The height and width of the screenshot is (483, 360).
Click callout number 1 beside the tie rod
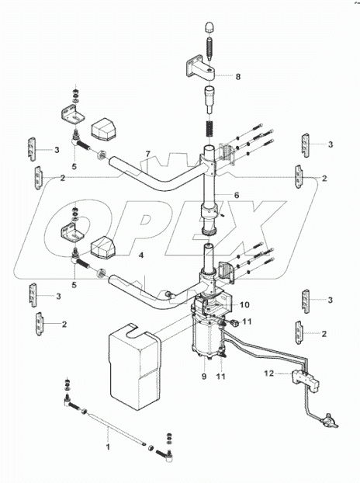[108, 448]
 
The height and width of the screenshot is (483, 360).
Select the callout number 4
[140, 255]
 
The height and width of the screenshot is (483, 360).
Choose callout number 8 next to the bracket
[238, 77]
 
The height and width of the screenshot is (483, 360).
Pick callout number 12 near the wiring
[269, 374]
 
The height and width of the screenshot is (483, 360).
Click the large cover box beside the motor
[136, 371]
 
